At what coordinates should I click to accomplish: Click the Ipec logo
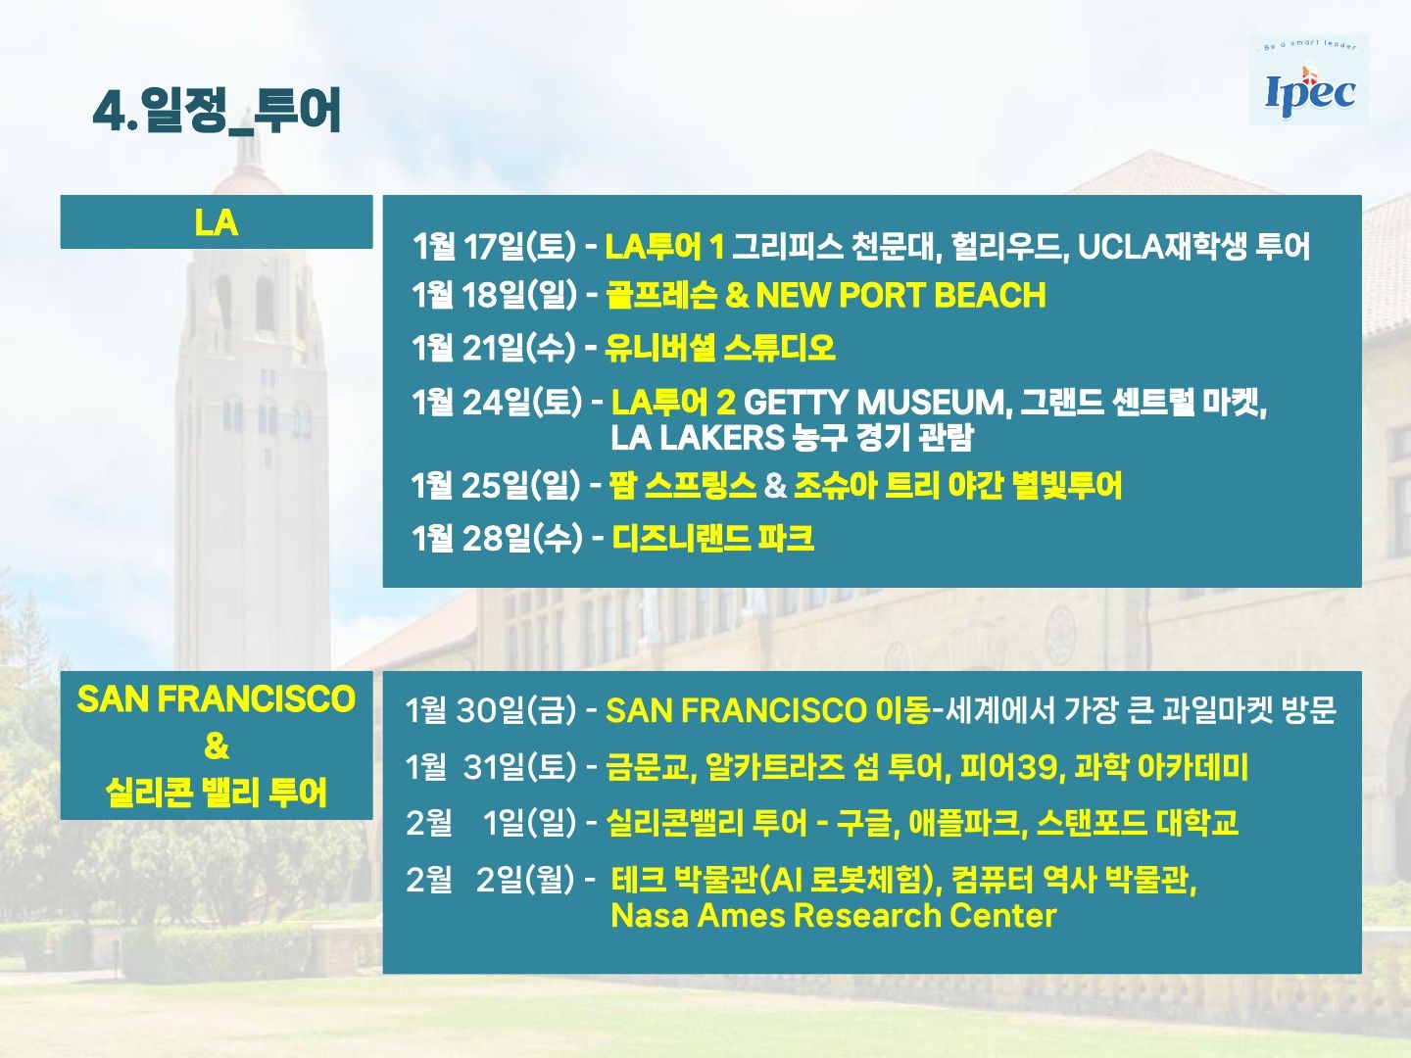[x=1309, y=80]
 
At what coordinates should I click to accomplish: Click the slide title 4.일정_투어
[x=217, y=111]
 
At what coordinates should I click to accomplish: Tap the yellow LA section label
[x=216, y=223]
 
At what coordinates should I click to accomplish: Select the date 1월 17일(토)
[x=494, y=246]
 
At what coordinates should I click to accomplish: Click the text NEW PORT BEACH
[x=900, y=295]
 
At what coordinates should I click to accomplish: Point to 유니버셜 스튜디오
[x=720, y=348]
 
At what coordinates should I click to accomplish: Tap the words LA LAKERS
[x=698, y=438]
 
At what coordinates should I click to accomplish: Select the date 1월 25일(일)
[x=496, y=485]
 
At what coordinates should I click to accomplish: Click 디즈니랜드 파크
[x=713, y=538]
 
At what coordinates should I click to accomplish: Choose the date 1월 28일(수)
[x=497, y=538]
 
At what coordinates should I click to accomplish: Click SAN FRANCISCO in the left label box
[x=216, y=698]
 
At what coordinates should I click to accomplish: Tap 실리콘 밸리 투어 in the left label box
[x=216, y=793]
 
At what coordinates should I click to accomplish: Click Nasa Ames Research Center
[x=833, y=915]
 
